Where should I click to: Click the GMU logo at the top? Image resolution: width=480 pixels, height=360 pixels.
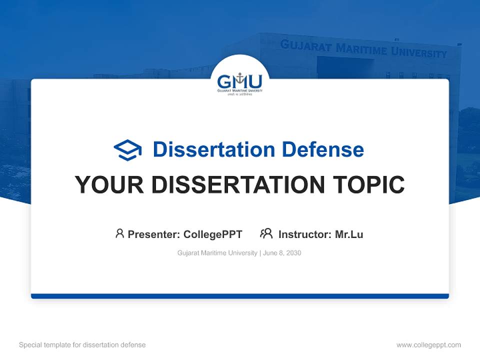click(x=239, y=82)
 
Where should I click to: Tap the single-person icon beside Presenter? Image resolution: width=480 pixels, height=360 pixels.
click(x=119, y=233)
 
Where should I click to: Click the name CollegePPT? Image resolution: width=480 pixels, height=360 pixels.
click(x=213, y=234)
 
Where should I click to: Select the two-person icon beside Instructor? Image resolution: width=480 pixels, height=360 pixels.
click(x=266, y=233)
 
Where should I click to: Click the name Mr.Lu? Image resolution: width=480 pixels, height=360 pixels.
click(x=349, y=234)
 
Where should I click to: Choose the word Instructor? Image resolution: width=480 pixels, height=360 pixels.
click(x=305, y=234)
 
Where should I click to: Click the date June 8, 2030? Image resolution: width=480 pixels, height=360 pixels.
click(x=282, y=253)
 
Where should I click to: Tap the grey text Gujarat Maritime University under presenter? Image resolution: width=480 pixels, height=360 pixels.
click(x=217, y=253)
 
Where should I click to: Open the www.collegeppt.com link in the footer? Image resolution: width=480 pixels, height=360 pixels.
click(x=428, y=345)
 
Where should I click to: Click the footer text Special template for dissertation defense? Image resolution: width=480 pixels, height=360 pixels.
click(x=82, y=345)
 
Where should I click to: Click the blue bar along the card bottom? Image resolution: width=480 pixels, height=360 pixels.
click(x=239, y=296)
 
